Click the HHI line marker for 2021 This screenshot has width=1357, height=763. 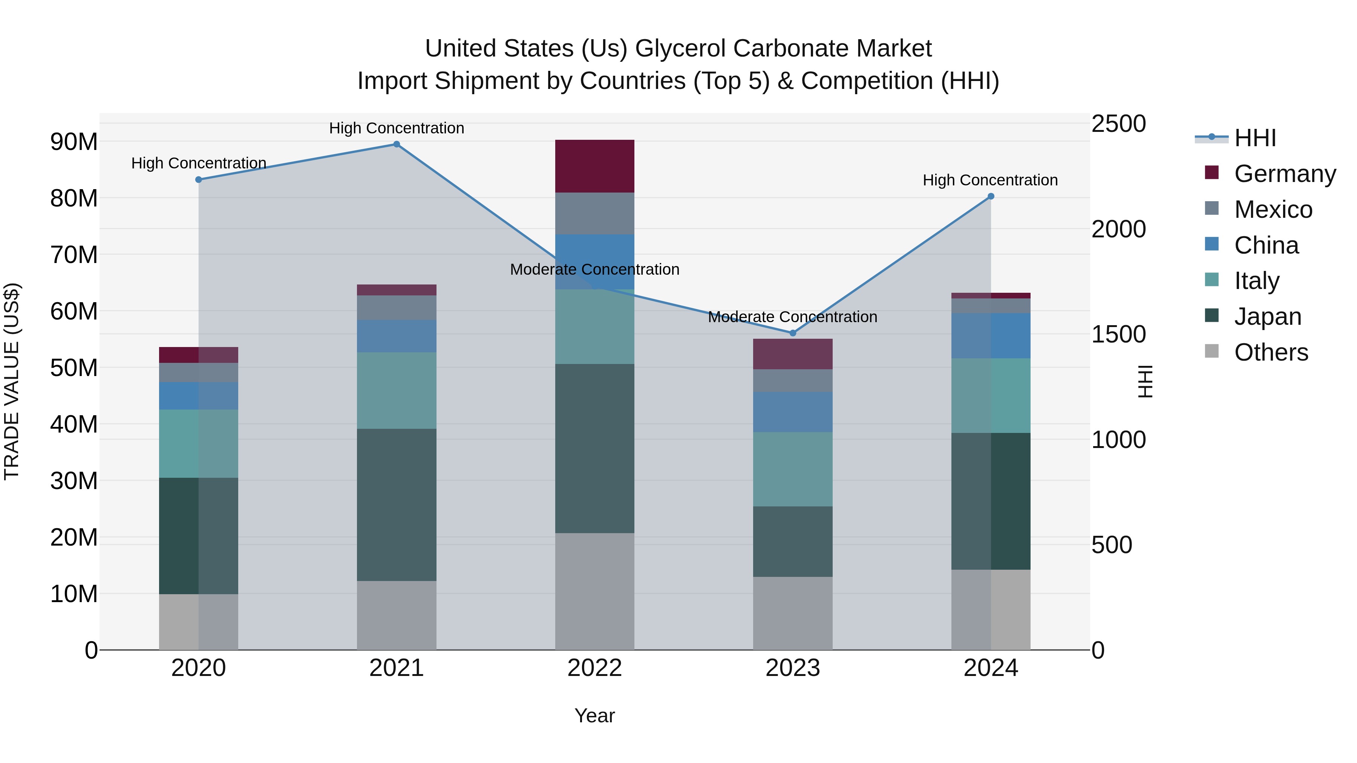point(397,144)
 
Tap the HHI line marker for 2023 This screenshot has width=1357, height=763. point(793,333)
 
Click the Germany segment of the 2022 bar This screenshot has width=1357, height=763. point(595,167)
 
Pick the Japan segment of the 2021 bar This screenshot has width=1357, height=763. point(397,505)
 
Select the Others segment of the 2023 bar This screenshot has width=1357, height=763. point(793,613)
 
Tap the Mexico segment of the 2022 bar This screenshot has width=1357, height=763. point(595,213)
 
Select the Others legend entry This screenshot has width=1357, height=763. point(1271,352)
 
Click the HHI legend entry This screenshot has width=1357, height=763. point(1254,138)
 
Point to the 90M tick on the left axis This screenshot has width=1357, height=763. point(74,142)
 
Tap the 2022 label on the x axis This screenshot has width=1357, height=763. point(595,668)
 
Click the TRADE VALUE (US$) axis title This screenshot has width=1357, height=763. point(12,381)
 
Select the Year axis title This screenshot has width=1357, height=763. point(595,716)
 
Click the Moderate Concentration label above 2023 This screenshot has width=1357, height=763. point(793,317)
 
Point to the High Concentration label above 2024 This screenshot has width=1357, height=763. point(990,180)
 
